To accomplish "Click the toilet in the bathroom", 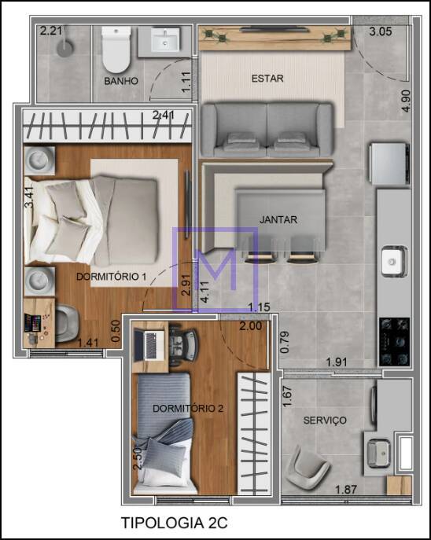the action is tap(116, 50).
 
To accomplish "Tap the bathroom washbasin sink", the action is tap(165, 39).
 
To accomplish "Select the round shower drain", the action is tap(65, 48).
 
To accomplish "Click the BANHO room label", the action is tap(121, 81).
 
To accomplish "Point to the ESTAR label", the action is tap(267, 79).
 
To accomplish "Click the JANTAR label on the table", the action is tap(278, 219).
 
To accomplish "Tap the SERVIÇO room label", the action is tap(325, 421).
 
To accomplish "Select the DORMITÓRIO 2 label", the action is tap(188, 409).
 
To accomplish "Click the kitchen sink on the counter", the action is tap(394, 262).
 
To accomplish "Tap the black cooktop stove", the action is tap(395, 342).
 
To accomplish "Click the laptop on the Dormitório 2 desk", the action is tap(149, 346).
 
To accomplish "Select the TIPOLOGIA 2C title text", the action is tap(175, 523).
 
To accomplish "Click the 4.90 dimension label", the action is tap(406, 101).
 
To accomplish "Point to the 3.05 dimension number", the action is tap(381, 31).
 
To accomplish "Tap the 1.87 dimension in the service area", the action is tap(346, 490).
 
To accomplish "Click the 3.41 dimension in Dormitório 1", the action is tap(29, 197).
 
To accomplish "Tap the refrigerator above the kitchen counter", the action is tap(389, 163).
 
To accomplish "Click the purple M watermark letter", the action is tap(215, 270).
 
